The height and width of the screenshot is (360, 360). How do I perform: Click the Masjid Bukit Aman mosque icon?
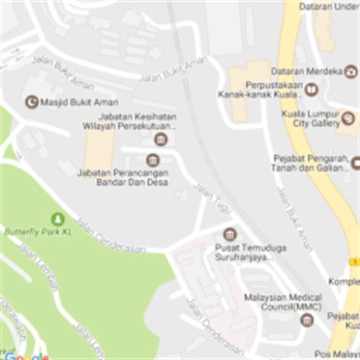(x=31, y=102)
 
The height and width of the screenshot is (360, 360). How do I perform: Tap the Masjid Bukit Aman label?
(x=79, y=102)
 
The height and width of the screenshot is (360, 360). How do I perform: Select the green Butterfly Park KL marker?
(x=58, y=218)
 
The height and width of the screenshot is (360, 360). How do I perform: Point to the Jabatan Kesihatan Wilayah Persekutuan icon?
(x=161, y=138)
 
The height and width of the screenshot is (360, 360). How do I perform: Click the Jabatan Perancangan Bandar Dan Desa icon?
(x=152, y=160)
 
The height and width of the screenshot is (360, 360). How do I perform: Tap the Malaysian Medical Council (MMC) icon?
(x=307, y=320)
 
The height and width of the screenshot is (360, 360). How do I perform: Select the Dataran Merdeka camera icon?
(x=351, y=71)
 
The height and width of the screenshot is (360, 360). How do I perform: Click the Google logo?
(x=25, y=356)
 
